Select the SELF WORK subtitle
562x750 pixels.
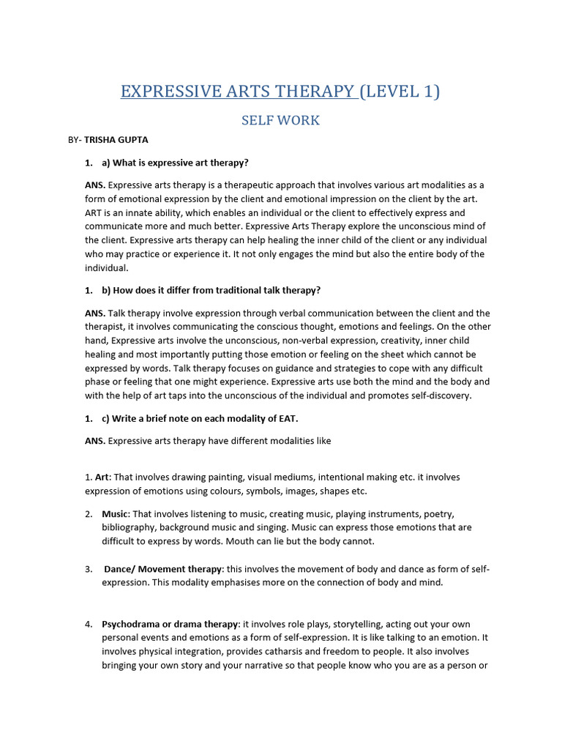(281, 121)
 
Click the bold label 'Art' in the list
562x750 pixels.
(102, 477)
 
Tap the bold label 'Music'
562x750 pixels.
(115, 514)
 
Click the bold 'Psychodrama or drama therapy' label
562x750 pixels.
(170, 624)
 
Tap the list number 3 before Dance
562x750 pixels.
(88, 569)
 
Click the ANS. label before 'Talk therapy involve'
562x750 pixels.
(95, 313)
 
